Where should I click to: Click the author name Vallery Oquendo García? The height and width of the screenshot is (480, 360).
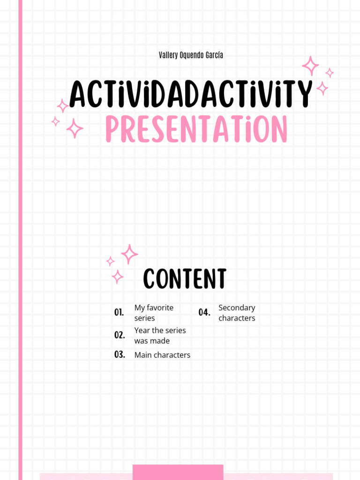point(191,55)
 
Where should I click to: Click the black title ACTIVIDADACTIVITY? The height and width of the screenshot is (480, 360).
point(190,94)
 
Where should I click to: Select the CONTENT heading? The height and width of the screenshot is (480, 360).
point(185,279)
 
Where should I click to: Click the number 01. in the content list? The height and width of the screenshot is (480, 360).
point(119,313)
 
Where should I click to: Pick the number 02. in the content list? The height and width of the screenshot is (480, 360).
point(120,335)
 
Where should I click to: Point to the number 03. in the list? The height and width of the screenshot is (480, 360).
point(120,355)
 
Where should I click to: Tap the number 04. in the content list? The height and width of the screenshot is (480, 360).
point(204,313)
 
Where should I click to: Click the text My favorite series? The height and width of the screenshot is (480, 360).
point(154,313)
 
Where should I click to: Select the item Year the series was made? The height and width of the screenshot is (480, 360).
point(160,336)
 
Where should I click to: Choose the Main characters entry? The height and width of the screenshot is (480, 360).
point(162,355)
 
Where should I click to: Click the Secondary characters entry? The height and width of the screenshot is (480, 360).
point(237,313)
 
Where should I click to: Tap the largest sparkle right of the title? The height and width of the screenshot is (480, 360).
point(310,66)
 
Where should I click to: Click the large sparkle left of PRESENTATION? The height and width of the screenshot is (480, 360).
point(74,128)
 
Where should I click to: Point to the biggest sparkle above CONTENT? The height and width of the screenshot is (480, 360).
point(129,254)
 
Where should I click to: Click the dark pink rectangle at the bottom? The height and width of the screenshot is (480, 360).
point(178,472)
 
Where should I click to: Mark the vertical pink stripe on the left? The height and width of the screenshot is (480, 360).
point(20,234)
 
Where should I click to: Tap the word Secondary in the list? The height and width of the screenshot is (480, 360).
point(237,307)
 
